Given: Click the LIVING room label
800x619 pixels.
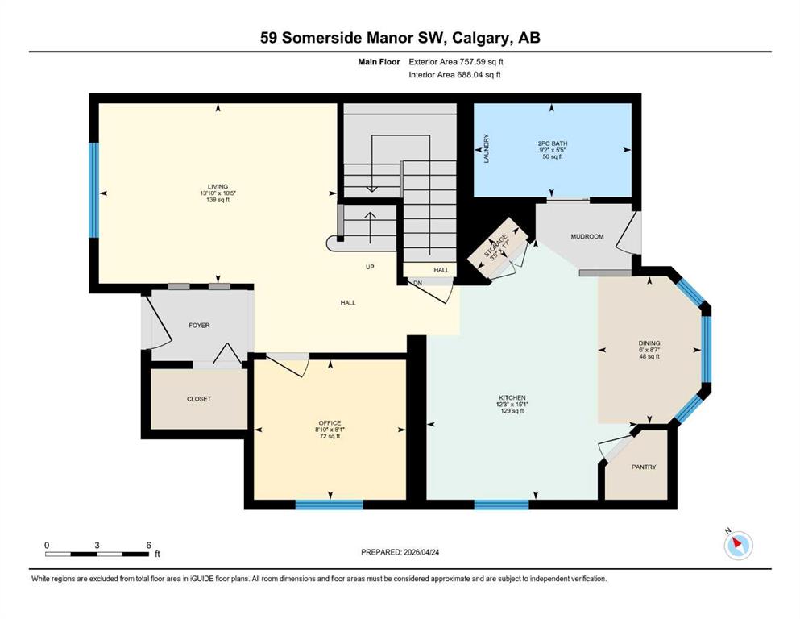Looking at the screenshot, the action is point(218,186).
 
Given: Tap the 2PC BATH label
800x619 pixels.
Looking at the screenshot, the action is point(553,144).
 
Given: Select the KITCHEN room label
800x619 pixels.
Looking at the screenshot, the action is point(512,397).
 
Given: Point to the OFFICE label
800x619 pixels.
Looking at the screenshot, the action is point(330,423).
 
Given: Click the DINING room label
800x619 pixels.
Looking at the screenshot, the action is point(649,343).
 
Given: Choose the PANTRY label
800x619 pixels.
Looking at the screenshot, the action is point(644,467).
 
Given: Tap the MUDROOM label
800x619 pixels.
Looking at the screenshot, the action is point(587,237).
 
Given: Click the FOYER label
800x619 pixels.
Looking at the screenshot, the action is point(199,325).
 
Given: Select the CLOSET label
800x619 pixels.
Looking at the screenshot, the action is point(199,399).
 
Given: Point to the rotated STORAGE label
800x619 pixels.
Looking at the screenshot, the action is point(495,246).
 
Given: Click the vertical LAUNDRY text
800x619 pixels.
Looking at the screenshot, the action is point(487,148).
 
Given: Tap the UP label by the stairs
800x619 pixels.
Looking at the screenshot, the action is point(370,267).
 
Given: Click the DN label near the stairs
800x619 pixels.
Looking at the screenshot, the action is point(418,283).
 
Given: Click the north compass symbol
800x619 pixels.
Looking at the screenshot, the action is point(738,545).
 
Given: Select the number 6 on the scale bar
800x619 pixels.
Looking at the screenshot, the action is point(148,545).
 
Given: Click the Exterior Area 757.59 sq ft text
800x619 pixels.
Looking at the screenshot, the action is point(456,62).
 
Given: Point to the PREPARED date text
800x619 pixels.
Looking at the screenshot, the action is point(400,552).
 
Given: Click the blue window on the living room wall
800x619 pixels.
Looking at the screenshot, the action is point(94,190).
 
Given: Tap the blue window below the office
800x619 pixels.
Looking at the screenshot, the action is point(329,505).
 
